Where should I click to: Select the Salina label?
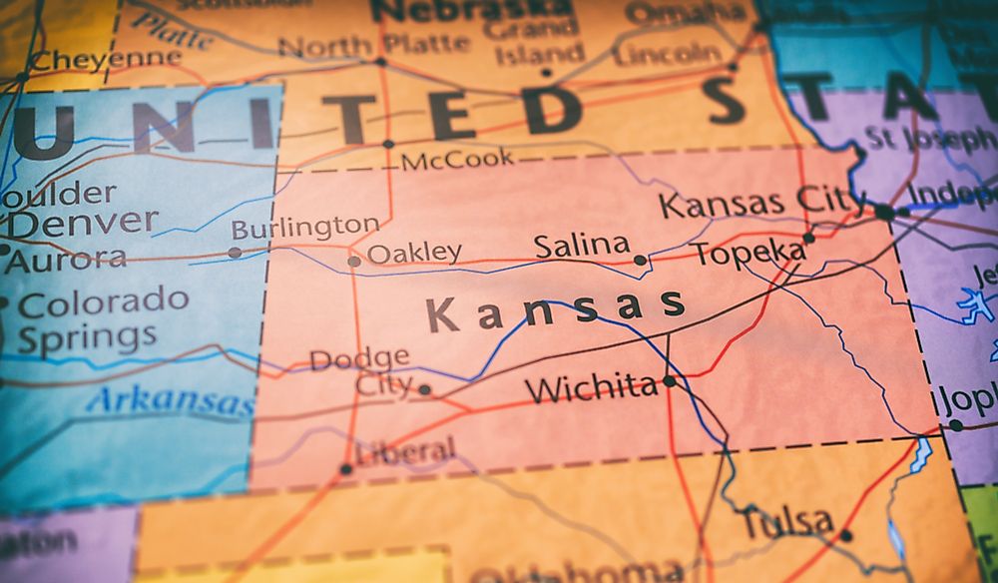(x=582, y=246)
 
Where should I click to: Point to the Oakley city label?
(x=414, y=254)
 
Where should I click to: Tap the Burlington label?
(x=304, y=228)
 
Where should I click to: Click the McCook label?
(x=457, y=159)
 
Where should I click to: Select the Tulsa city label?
(x=786, y=521)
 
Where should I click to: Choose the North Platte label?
(x=373, y=45)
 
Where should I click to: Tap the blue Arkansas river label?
(x=170, y=401)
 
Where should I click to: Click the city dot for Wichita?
(x=669, y=381)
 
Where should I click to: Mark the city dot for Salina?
(x=640, y=260)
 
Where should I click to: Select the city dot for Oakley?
(x=353, y=262)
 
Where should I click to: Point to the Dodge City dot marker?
(x=424, y=389)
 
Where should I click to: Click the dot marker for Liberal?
(x=346, y=468)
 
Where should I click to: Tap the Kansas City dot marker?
(x=884, y=212)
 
